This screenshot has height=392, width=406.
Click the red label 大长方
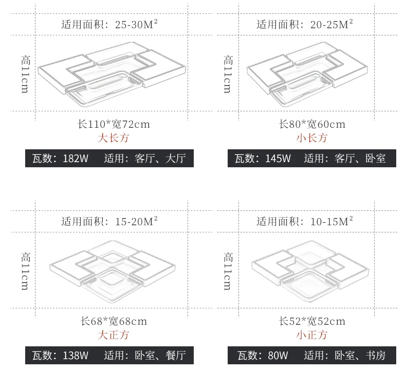click(x=114, y=138)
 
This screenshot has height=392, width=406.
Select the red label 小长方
click(x=312, y=138)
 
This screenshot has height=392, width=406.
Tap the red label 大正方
click(x=114, y=335)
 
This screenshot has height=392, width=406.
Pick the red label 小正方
click(x=312, y=335)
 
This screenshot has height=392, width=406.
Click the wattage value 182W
click(x=76, y=158)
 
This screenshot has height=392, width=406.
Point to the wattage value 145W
click(x=278, y=158)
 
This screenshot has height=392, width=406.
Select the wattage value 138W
click(x=76, y=355)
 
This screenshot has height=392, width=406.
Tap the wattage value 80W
click(x=278, y=355)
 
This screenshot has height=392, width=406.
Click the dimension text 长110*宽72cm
click(x=114, y=124)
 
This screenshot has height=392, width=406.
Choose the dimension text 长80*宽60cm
click(x=312, y=124)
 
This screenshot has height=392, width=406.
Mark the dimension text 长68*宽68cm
click(x=114, y=321)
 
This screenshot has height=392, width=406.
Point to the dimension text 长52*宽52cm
click(x=312, y=321)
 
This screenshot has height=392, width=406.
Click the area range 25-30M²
click(x=136, y=24)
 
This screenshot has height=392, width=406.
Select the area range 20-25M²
click(x=331, y=24)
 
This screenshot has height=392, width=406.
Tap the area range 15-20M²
click(x=136, y=221)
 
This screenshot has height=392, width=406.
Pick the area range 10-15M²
click(x=331, y=221)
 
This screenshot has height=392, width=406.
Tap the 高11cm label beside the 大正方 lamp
click(x=25, y=271)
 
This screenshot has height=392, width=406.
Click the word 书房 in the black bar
click(x=376, y=355)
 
